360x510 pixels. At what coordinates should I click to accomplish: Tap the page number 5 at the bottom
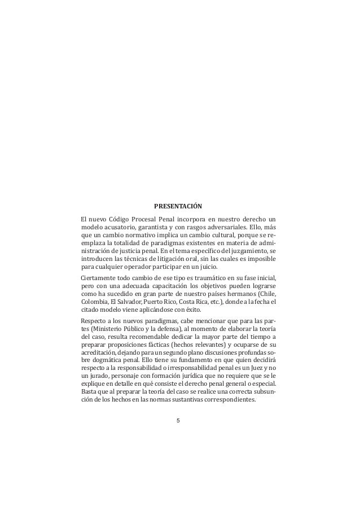coord(178,421)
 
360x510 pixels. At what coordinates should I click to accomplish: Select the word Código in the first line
coord(120,219)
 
